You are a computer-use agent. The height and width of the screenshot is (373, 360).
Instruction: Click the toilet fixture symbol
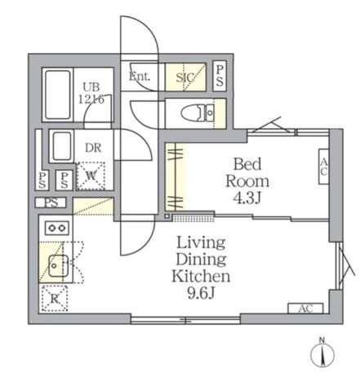[198, 113]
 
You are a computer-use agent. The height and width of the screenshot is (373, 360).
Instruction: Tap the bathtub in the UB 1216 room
[57, 95]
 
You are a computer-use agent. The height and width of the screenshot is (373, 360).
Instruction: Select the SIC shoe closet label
[185, 78]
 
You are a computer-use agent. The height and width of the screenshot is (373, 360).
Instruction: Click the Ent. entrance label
[140, 77]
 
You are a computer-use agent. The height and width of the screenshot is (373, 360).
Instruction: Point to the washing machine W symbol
[91, 176]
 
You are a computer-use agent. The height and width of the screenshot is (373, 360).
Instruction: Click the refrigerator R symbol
[54, 299]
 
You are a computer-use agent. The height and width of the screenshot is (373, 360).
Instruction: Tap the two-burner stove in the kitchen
[57, 228]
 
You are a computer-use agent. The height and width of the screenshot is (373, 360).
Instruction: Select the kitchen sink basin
[58, 266]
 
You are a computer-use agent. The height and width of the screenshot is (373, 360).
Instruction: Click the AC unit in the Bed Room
[324, 167]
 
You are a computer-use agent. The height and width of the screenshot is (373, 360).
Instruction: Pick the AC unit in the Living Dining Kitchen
[305, 309]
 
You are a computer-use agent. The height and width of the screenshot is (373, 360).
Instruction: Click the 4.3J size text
[247, 198]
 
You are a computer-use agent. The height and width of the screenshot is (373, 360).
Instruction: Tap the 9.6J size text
[202, 293]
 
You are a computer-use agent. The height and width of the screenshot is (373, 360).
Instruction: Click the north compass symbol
[322, 353]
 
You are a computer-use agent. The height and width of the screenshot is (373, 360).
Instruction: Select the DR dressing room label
[93, 148]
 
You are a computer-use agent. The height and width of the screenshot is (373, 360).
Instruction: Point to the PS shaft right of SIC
[220, 76]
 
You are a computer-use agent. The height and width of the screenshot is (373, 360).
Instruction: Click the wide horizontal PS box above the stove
[51, 202]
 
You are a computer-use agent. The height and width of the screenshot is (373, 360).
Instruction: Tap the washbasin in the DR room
[61, 146]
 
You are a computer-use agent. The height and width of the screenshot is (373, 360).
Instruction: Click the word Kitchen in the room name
[201, 276]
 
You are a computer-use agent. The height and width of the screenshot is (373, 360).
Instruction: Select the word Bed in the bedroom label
[247, 164]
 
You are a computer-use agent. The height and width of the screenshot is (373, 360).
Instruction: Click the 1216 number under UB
[91, 100]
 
